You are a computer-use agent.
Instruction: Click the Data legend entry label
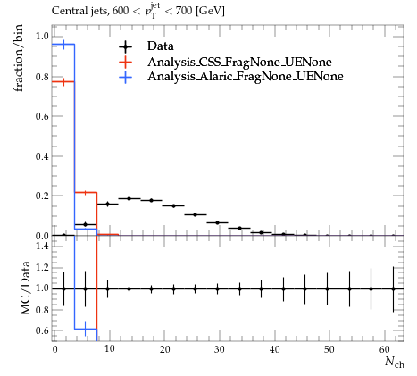point(161,46)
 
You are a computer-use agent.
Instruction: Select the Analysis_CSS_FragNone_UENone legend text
point(239,62)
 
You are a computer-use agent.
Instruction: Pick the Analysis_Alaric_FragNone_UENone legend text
point(246,77)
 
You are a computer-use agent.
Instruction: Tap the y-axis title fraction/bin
point(18,58)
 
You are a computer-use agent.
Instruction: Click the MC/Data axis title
point(25,288)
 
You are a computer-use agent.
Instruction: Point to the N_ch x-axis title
point(395,362)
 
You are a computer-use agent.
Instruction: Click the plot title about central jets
point(138,11)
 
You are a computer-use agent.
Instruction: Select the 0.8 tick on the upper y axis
point(42,77)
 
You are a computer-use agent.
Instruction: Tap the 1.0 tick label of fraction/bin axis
point(42,37)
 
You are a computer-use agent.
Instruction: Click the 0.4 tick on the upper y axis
point(42,156)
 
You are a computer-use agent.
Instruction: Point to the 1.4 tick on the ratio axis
point(42,246)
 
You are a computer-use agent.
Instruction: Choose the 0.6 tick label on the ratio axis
point(42,330)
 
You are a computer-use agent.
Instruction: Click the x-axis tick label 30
point(220,349)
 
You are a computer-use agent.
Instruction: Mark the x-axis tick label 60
point(385,349)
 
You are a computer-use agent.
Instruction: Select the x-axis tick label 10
point(110,348)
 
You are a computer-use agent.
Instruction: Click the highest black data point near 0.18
point(129,198)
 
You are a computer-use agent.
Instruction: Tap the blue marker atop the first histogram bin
point(63,45)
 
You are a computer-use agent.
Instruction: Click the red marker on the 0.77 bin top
point(63,82)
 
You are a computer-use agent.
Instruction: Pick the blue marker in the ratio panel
point(86,329)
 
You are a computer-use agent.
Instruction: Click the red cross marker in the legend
point(125,62)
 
